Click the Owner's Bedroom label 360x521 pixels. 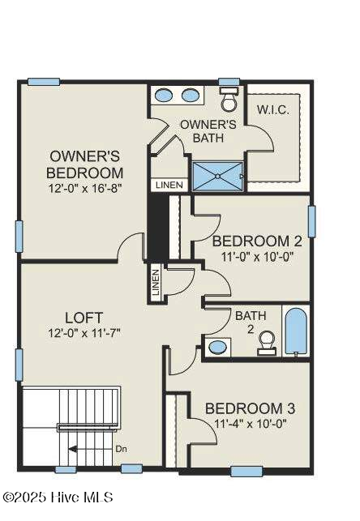(x=84, y=164)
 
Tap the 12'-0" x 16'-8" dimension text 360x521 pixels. (x=85, y=189)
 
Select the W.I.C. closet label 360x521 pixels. (x=273, y=110)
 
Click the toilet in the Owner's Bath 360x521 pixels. (x=229, y=99)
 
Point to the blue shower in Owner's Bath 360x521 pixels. (x=218, y=176)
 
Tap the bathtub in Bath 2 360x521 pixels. (x=295, y=331)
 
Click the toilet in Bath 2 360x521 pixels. (x=267, y=343)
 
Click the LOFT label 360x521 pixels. (x=84, y=318)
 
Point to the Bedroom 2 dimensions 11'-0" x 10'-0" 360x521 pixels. (x=257, y=257)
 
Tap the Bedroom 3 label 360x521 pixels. (x=250, y=408)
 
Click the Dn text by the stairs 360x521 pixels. (x=121, y=449)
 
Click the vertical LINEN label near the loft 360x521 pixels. (x=155, y=283)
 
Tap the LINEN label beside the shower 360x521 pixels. (x=169, y=185)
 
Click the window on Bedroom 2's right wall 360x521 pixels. (x=311, y=221)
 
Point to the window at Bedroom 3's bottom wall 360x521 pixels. (x=246, y=471)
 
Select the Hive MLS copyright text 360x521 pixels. (x=58, y=498)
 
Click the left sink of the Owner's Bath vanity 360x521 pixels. (x=164, y=96)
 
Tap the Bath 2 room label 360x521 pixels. (x=251, y=322)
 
